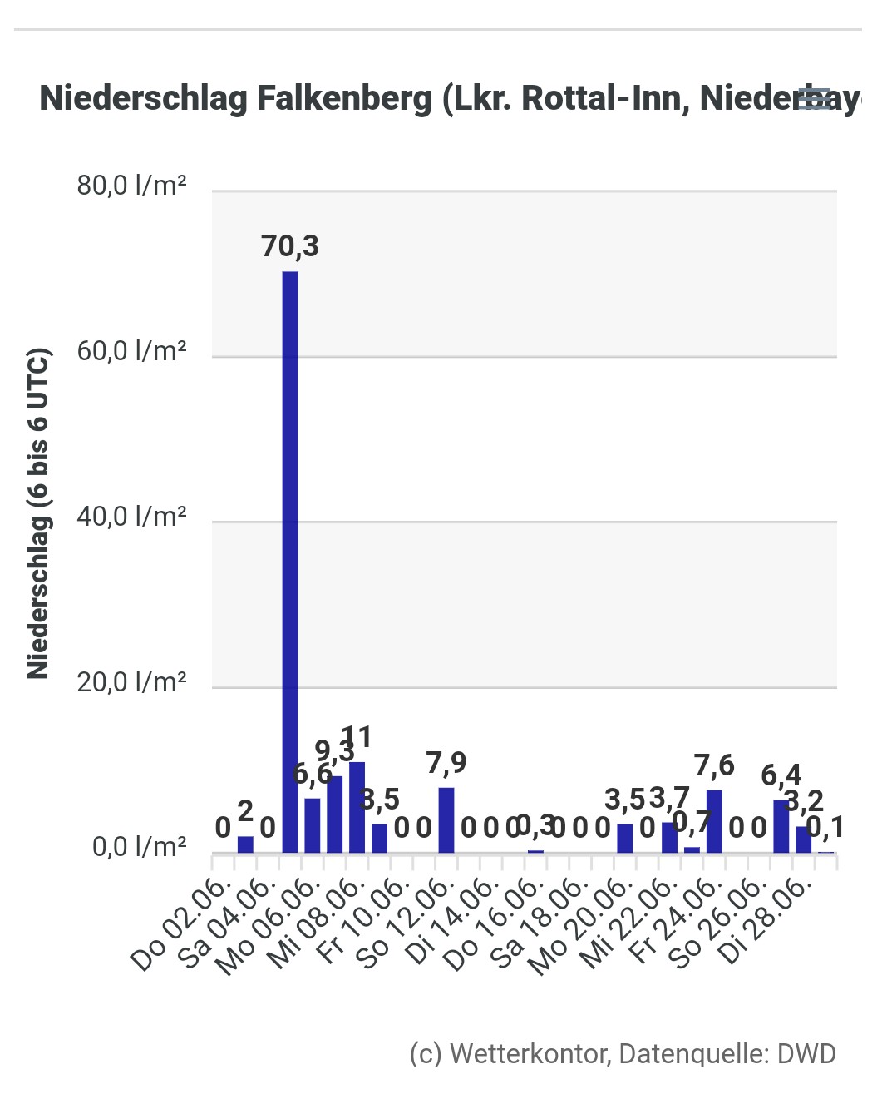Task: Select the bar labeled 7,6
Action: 714,821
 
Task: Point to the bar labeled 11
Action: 357,807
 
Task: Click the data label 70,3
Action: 290,246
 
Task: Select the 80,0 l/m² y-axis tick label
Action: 131,185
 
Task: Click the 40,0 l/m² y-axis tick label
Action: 131,517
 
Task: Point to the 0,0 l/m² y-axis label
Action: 139,847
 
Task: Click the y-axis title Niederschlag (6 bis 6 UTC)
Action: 39,513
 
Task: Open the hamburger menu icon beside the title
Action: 814,98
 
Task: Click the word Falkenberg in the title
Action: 344,98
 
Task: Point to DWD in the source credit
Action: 806,1054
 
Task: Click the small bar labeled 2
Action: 245,844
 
